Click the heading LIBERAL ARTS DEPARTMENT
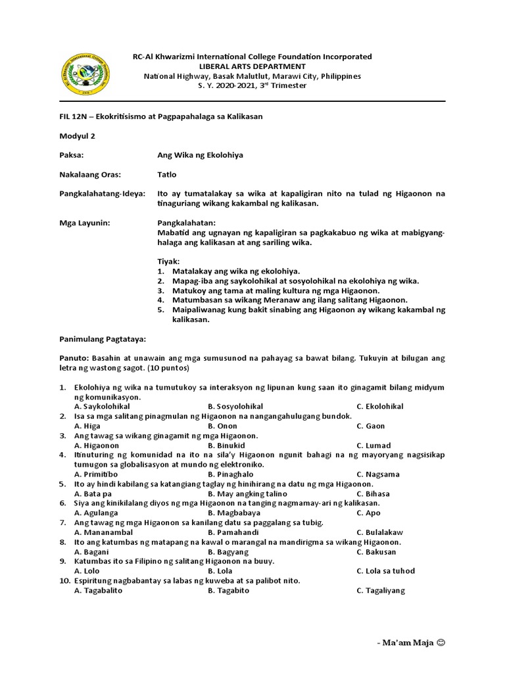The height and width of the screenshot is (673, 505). [x=252, y=66]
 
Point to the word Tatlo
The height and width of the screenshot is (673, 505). [x=167, y=175]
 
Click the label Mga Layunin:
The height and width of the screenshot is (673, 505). [x=85, y=223]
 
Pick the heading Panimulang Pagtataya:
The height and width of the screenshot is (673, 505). [x=103, y=338]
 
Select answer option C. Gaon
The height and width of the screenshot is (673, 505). [x=371, y=426]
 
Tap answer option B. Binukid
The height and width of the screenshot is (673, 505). [x=227, y=446]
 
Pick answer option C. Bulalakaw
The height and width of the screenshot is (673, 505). [x=379, y=532]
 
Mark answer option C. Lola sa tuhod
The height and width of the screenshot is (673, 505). [x=385, y=571]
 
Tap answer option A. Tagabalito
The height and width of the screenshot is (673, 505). [x=99, y=590]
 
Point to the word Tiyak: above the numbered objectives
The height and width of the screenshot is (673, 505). [x=168, y=262]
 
